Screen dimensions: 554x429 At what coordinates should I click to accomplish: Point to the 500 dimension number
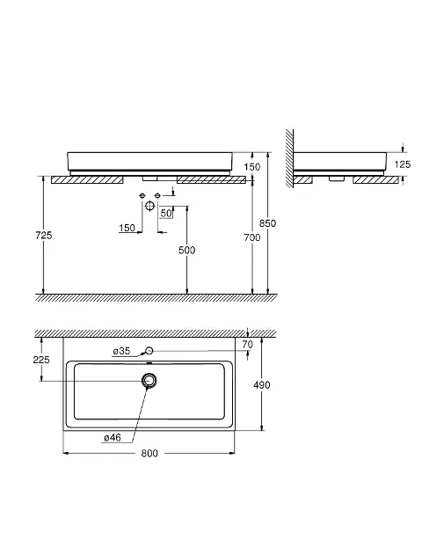pyautogui.click(x=186, y=251)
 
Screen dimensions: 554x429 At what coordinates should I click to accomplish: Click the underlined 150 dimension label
pyautogui.click(x=128, y=229)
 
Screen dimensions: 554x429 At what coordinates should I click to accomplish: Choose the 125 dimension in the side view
pyautogui.click(x=402, y=164)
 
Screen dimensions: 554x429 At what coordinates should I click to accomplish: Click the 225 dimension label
pyautogui.click(x=40, y=359)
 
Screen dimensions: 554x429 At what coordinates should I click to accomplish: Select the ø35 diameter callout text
pyautogui.click(x=121, y=351)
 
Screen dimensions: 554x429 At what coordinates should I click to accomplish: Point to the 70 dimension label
pyautogui.click(x=247, y=344)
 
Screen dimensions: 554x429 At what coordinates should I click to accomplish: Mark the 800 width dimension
pyautogui.click(x=149, y=453)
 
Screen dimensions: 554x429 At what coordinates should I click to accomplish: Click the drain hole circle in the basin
pyautogui.click(x=150, y=381)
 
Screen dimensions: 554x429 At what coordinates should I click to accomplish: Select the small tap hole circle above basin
pyautogui.click(x=149, y=350)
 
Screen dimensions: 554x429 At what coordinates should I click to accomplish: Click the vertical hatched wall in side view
pyautogui.click(x=287, y=158)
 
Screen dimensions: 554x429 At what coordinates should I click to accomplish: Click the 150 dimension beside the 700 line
pyautogui.click(x=251, y=166)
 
